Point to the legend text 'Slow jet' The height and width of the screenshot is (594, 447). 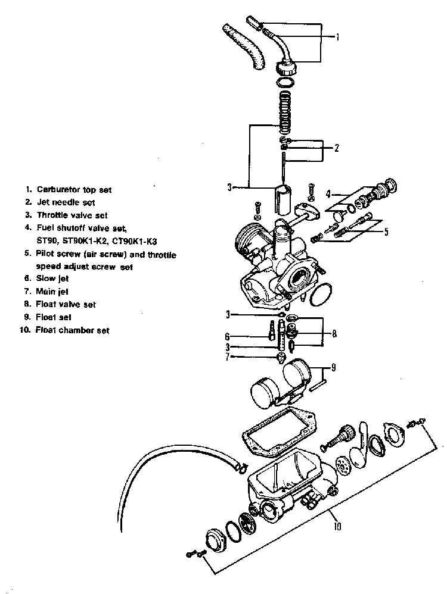[54, 278]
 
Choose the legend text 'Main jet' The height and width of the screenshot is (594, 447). [54, 291]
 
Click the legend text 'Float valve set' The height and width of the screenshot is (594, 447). [66, 304]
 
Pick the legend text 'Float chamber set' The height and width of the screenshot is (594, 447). [72, 330]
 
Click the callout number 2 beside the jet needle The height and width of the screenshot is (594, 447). [336, 148]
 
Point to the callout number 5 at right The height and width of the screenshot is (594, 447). [386, 232]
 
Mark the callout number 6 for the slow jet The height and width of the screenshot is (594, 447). [227, 337]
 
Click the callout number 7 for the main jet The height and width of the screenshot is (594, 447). [227, 357]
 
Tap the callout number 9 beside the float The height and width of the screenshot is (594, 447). [333, 368]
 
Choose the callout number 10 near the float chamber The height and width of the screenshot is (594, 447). [337, 526]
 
